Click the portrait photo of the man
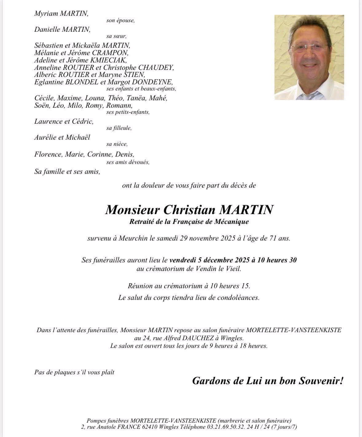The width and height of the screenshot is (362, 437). point(309,58)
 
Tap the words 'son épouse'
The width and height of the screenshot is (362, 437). point(120,21)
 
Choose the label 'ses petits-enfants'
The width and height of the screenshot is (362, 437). point(128,112)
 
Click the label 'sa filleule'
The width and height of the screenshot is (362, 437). point(119,128)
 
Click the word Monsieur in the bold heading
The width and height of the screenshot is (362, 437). point(132,210)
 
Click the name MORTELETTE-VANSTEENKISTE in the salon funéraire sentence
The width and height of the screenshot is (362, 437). point(294,330)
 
